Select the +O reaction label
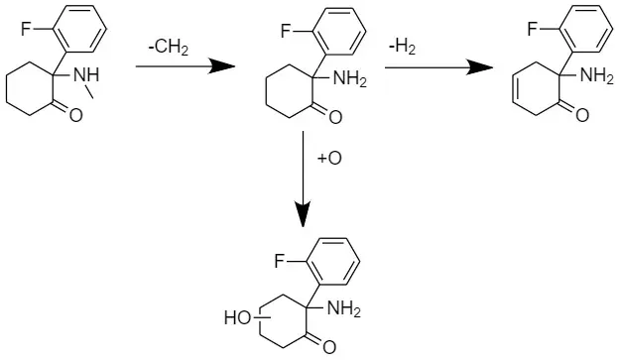(x=329, y=159)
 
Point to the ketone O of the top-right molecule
(x=583, y=117)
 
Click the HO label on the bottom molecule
(x=237, y=318)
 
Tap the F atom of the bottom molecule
(x=280, y=262)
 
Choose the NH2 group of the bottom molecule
(x=344, y=310)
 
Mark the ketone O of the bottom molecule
(x=329, y=347)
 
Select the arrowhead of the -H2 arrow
(x=480, y=66)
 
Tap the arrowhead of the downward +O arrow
(x=304, y=215)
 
